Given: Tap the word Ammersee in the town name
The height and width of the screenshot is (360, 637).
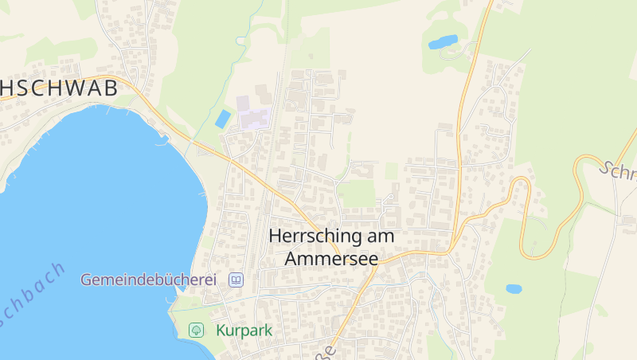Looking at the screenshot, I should coord(330,259).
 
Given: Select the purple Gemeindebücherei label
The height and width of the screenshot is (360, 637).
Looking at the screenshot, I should coord(148,280).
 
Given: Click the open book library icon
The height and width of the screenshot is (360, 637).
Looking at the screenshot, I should coord(236,280).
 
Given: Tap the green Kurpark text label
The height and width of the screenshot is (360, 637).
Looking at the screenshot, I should coord(244,330).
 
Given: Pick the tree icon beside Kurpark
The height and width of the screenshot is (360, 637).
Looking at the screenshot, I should coord(196,330).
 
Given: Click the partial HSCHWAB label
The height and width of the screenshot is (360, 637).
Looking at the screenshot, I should coord(59,88).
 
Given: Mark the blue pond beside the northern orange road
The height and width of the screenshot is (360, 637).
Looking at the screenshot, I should coord(444,41).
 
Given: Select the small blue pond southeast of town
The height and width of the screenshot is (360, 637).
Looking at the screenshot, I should coord(514,289).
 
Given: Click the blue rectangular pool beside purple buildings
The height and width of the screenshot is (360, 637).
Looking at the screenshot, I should coord(223,119).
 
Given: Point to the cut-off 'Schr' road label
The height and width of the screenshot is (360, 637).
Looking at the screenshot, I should coord(617,171).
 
